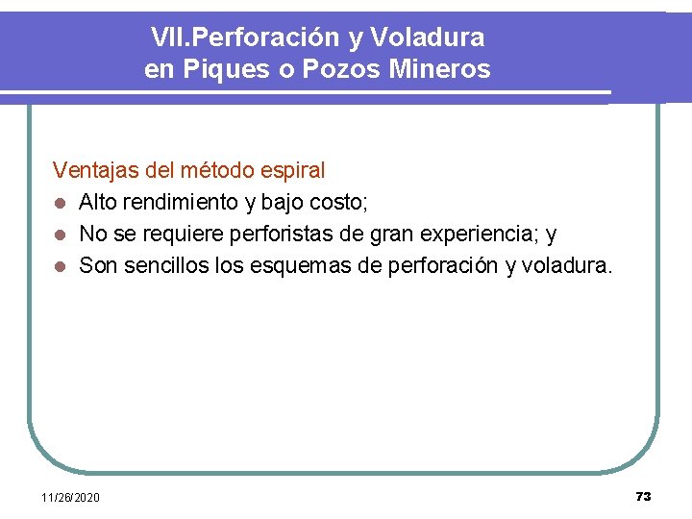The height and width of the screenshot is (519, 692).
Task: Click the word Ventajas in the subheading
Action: point(91,171)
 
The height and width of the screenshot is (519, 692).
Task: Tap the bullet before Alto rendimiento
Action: point(60,203)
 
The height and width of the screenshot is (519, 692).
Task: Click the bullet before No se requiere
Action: point(60,235)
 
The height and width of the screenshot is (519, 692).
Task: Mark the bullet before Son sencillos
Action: point(60,266)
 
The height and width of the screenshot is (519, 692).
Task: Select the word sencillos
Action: point(169,266)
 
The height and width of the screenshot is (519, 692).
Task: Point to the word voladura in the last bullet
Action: point(563,266)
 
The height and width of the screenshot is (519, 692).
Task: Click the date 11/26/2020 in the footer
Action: point(69,498)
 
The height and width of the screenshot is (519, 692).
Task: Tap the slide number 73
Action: point(643,496)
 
